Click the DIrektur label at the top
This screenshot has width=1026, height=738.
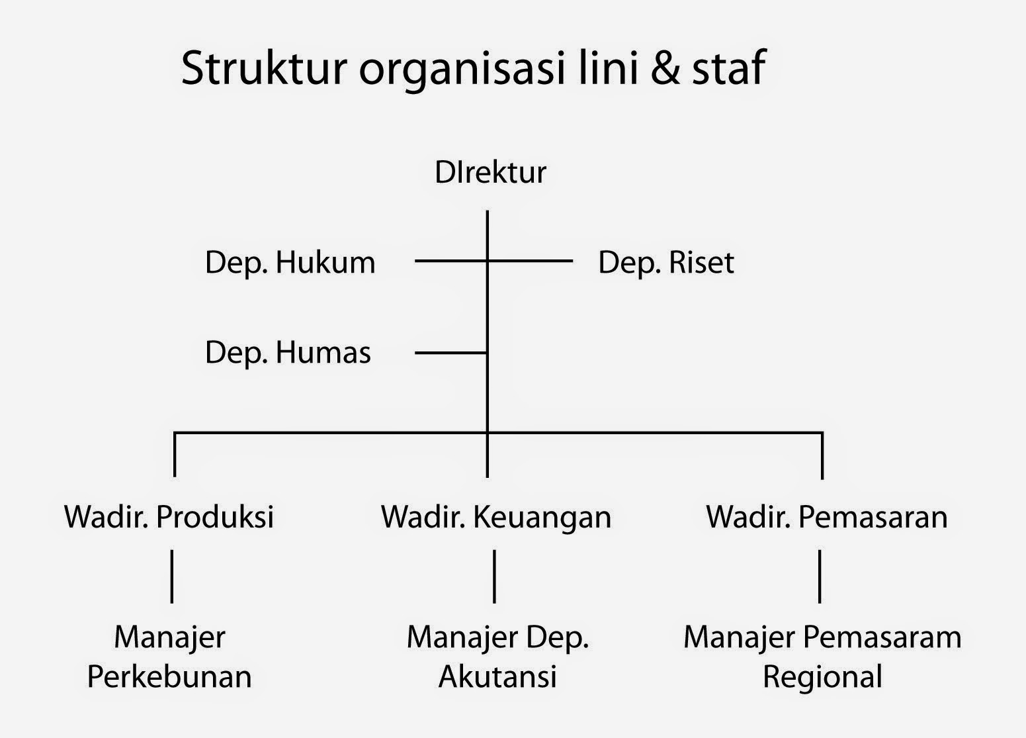pyautogui.click(x=490, y=172)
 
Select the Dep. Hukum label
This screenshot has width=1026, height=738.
pyautogui.click(x=290, y=262)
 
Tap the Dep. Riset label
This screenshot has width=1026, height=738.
pyautogui.click(x=665, y=262)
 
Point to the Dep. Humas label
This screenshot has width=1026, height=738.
pyautogui.click(x=288, y=352)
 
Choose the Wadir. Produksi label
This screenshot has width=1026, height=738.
pyautogui.click(x=169, y=516)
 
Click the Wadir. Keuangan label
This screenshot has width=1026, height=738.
pyautogui.click(x=496, y=516)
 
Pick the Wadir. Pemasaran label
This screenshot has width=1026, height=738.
pyautogui.click(x=826, y=516)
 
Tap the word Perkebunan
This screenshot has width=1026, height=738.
pyautogui.click(x=169, y=677)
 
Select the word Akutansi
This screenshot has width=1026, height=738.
pyautogui.click(x=497, y=677)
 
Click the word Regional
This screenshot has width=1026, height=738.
pyautogui.click(x=822, y=677)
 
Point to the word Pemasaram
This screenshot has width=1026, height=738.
pyautogui.click(x=882, y=637)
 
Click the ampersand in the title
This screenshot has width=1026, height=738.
pyautogui.click(x=665, y=68)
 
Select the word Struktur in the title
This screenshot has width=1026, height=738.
pyautogui.click(x=264, y=68)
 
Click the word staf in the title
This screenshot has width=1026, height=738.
pyautogui.click(x=728, y=68)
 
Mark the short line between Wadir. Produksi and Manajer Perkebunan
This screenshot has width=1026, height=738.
pyautogui.click(x=172, y=576)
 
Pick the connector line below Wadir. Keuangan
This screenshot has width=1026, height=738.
pyautogui.click(x=494, y=576)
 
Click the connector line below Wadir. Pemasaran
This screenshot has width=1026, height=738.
pyautogui.click(x=820, y=576)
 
